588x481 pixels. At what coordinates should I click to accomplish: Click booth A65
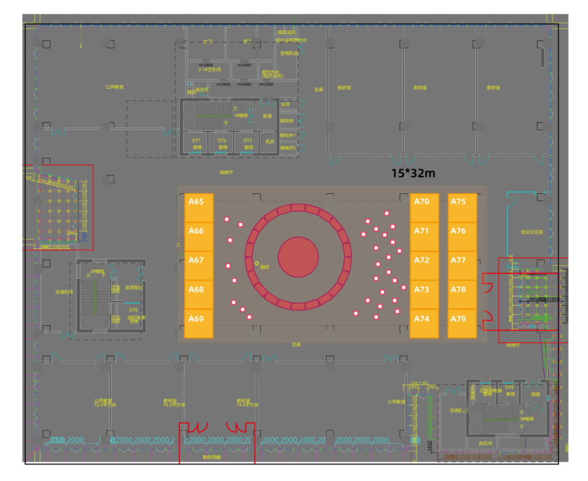pyautogui.click(x=199, y=208)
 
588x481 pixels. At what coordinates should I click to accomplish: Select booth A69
pyautogui.click(x=199, y=324)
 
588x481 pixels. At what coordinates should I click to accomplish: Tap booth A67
pyautogui.click(x=199, y=265)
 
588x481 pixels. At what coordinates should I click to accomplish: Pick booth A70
pyautogui.click(x=424, y=208)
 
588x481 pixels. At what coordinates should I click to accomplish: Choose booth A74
pyautogui.click(x=424, y=324)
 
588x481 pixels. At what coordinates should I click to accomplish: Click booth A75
pyautogui.click(x=462, y=208)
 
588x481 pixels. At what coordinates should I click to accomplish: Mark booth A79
pyautogui.click(x=462, y=324)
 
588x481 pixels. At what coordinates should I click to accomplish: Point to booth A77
pyautogui.click(x=462, y=265)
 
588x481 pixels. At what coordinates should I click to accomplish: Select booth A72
pyautogui.click(x=424, y=265)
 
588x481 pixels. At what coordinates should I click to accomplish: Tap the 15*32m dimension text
pyautogui.click(x=413, y=173)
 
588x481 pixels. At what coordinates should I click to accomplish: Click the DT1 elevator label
pyautogui.click(x=196, y=141)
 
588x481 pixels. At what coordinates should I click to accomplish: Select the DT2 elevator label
pyautogui.click(x=222, y=141)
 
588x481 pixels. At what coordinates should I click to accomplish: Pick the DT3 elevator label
pyautogui.click(x=248, y=141)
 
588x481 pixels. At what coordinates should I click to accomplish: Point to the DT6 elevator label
pyautogui.click(x=133, y=310)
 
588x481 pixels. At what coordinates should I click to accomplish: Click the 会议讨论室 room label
pyautogui.click(x=531, y=232)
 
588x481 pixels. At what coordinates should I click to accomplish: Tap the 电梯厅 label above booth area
pyautogui.click(x=226, y=172)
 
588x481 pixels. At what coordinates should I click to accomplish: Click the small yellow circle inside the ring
pyautogui.click(x=257, y=263)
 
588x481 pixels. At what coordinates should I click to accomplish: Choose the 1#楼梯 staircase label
pyautogui.click(x=241, y=115)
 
